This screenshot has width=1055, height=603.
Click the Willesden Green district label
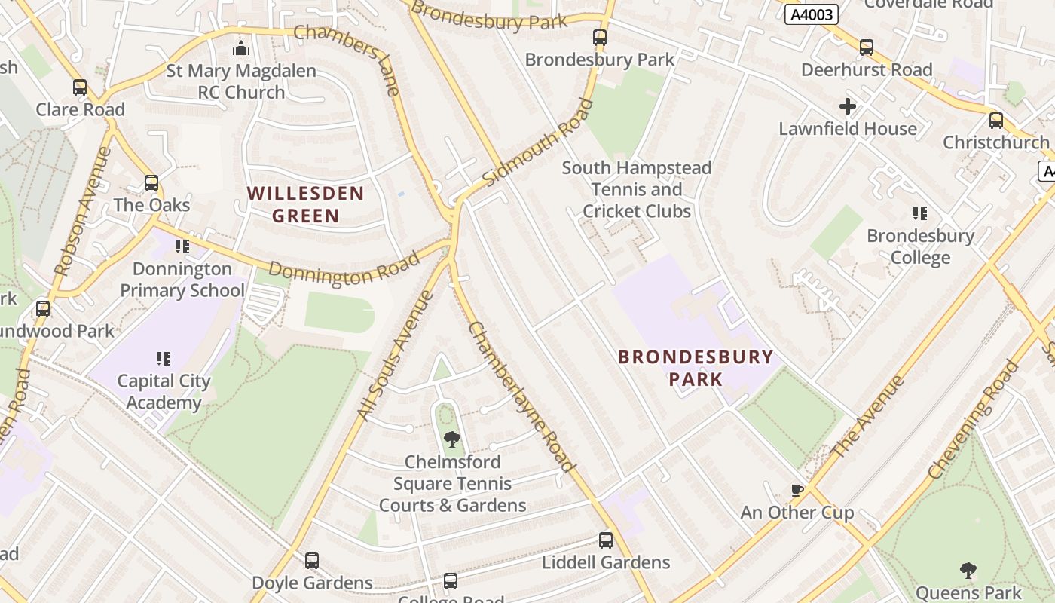(x=305, y=205)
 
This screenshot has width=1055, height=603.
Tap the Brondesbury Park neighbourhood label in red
(x=696, y=368)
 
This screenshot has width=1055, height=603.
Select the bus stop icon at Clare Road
(x=80, y=87)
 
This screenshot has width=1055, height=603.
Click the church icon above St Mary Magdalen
(x=241, y=48)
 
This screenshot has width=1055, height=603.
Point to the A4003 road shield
(x=812, y=14)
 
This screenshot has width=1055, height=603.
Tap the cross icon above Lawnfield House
(x=848, y=106)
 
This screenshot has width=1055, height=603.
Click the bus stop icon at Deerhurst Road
(x=867, y=47)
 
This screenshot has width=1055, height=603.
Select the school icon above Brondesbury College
(x=919, y=213)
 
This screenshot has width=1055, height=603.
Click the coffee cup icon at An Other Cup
(x=797, y=491)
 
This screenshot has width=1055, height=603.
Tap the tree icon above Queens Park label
(x=968, y=571)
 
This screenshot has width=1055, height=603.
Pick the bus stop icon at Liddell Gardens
(x=606, y=540)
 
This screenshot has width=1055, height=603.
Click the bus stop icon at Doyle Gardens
(x=312, y=561)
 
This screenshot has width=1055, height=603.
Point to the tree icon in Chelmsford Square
(x=451, y=439)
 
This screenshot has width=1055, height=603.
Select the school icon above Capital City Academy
(x=164, y=358)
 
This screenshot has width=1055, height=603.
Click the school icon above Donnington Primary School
(x=182, y=246)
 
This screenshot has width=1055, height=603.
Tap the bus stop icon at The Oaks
(x=151, y=183)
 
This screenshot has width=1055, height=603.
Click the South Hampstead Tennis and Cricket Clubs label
(x=637, y=189)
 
